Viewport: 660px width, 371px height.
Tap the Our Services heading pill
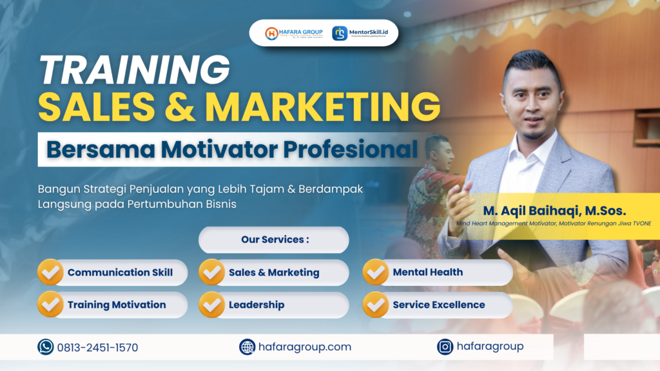(274, 240)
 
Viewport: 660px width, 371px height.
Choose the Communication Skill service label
(120, 272)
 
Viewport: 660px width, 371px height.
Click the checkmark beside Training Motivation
(50, 305)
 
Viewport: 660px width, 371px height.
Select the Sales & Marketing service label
(274, 272)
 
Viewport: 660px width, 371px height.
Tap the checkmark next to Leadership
(211, 305)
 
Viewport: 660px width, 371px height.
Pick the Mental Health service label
(427, 272)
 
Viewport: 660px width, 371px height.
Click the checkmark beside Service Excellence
(376, 305)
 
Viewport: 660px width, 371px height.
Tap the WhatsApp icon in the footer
(46, 347)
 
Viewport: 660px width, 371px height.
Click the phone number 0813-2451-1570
(97, 348)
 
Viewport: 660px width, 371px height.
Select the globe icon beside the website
(247, 347)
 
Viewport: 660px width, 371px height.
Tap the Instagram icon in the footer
(445, 347)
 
